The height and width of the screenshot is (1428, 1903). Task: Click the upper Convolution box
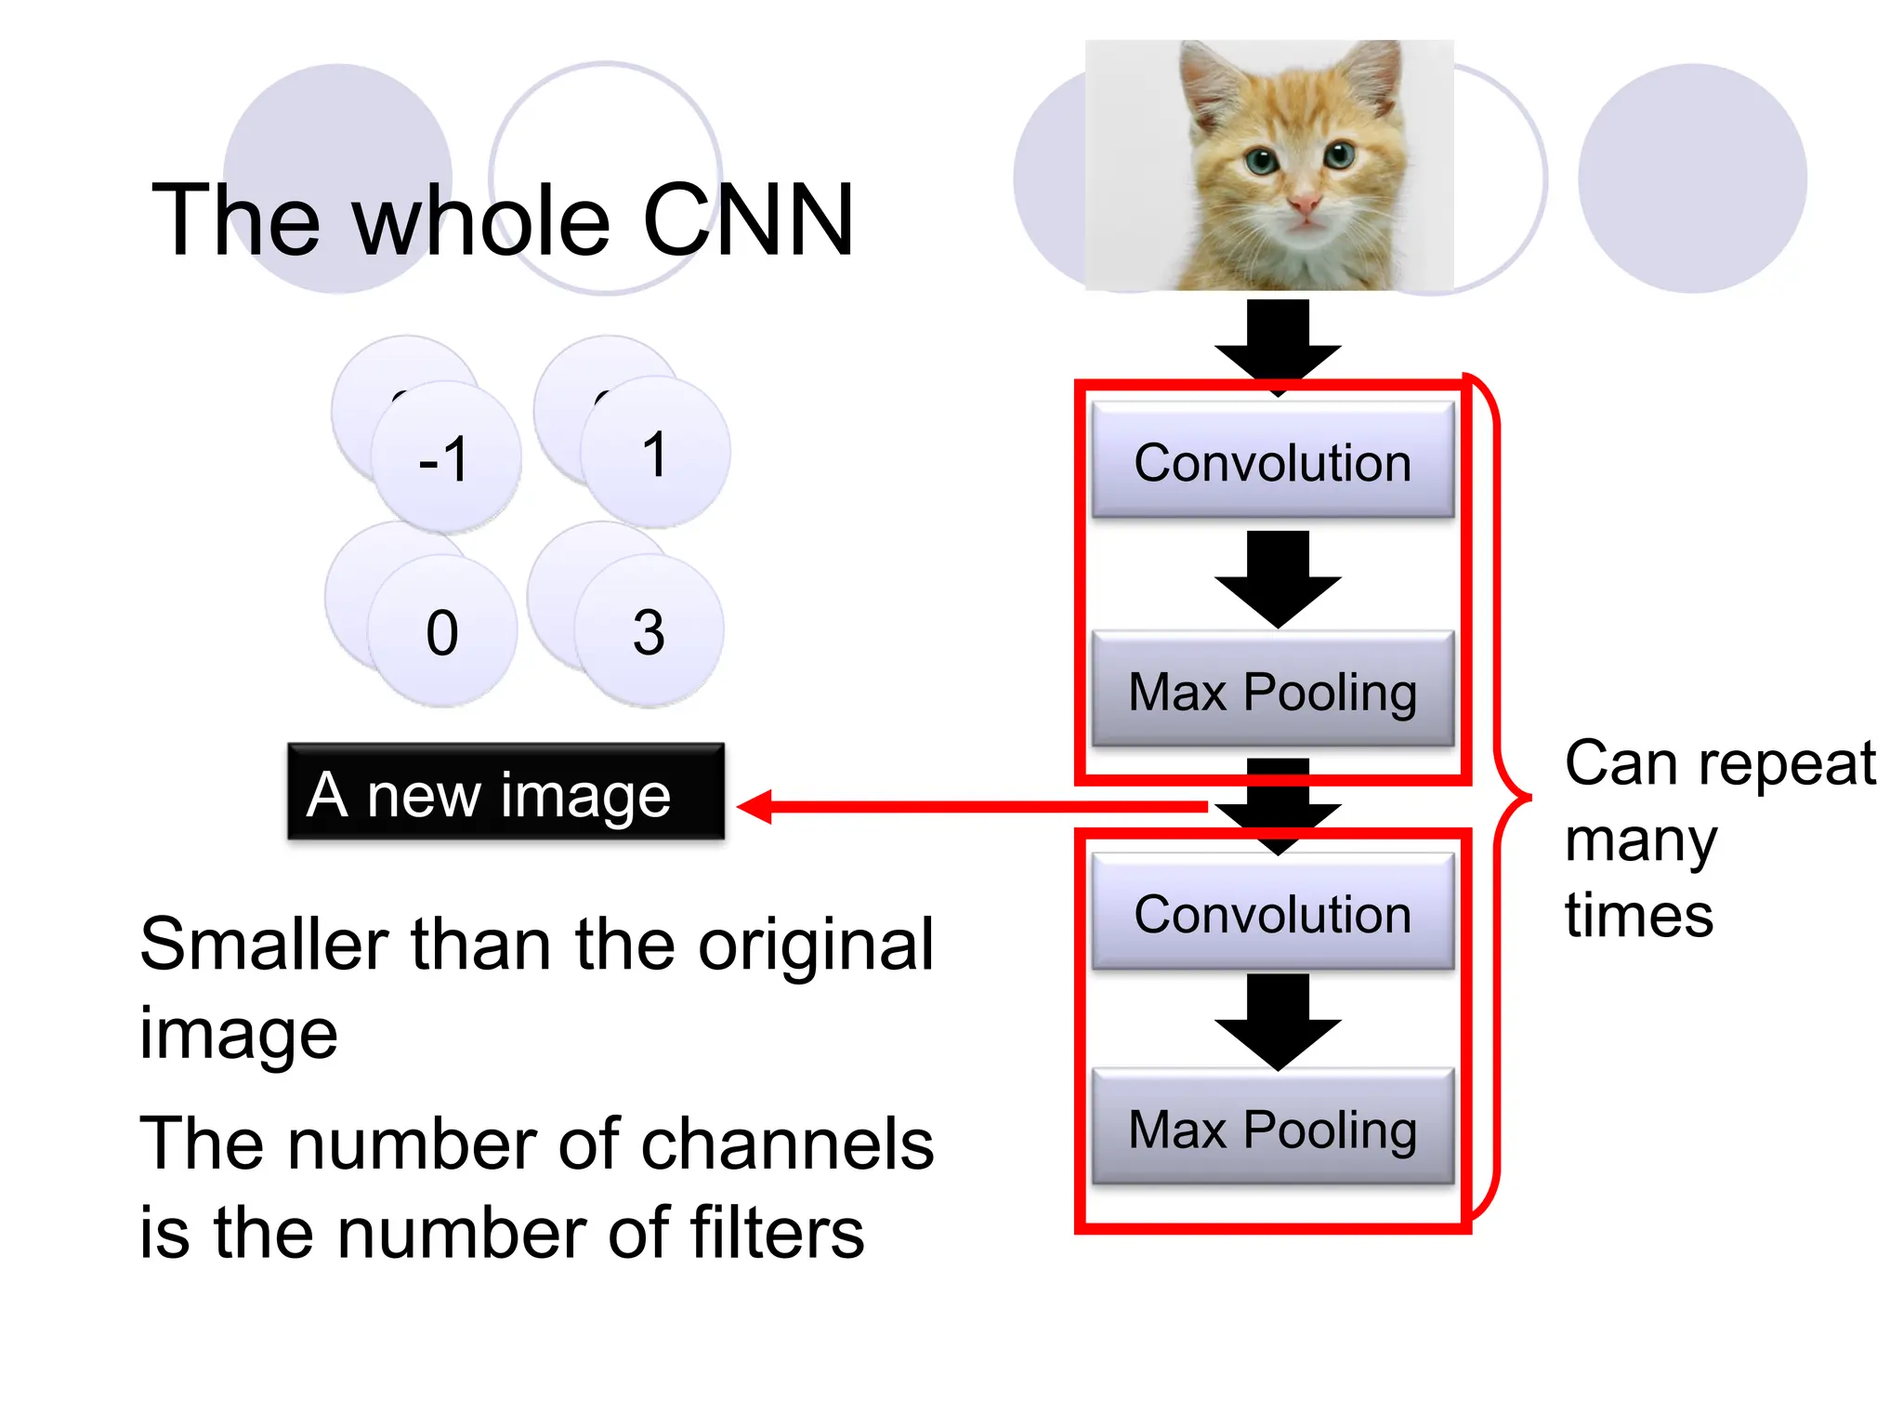tap(1272, 460)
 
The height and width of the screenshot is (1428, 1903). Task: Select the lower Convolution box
tap(1272, 912)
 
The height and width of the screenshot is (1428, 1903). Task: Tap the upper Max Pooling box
tap(1272, 690)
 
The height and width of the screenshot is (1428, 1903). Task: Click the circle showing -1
tap(446, 457)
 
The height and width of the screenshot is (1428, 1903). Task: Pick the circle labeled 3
tap(649, 632)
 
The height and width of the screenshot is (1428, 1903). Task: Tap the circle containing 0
tap(442, 632)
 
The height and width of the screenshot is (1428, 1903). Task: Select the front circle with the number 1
tap(655, 453)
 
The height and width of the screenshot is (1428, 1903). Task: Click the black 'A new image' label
tap(505, 793)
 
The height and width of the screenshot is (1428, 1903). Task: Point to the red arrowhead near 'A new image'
tap(755, 806)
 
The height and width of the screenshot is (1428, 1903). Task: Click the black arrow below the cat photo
tap(1278, 339)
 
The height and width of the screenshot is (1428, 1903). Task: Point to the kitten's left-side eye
tap(1261, 162)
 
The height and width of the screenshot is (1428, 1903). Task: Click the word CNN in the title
tap(747, 220)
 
